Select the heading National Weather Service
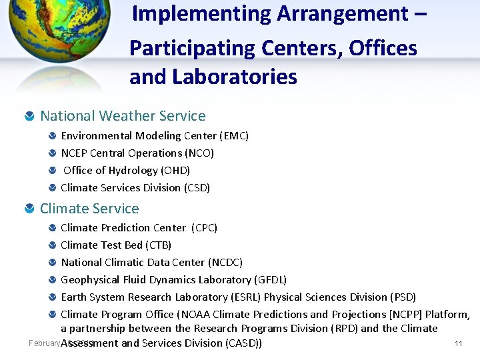tap(123, 116)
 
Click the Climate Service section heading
tap(89, 209)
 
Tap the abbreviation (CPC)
tap(204, 228)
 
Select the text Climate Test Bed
tap(101, 245)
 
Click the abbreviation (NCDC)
tap(225, 263)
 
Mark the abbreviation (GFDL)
tap(270, 280)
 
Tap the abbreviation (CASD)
tap(243, 343)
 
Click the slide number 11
tap(458, 343)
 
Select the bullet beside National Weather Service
tap(29, 117)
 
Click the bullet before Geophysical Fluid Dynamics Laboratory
tap(52, 280)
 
